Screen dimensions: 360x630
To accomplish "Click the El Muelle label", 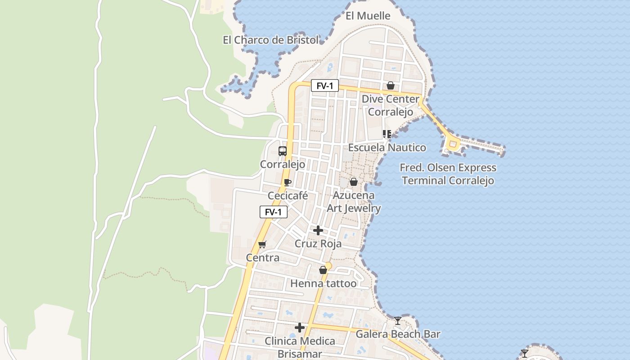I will pyautogui.click(x=368, y=16).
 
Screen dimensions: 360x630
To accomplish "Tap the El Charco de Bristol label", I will pyautogui.click(x=270, y=40).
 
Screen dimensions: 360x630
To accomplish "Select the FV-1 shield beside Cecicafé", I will pyautogui.click(x=273, y=212).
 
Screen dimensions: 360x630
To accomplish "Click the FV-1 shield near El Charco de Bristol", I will pyautogui.click(x=324, y=85).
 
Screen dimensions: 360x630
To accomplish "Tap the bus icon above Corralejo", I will pyautogui.click(x=283, y=151).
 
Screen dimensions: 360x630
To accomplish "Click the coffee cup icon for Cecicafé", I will pyautogui.click(x=288, y=182).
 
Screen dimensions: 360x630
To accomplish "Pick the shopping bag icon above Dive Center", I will pyautogui.click(x=390, y=85).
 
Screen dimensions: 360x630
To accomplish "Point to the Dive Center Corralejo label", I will pyautogui.click(x=390, y=105).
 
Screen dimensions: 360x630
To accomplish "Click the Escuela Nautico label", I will pyautogui.click(x=387, y=147).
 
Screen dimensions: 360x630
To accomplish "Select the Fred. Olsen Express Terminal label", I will pyautogui.click(x=448, y=174).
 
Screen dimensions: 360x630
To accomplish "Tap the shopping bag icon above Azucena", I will pyautogui.click(x=354, y=182).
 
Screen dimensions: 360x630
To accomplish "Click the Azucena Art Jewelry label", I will pyautogui.click(x=354, y=202).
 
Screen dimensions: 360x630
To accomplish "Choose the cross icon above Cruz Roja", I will pyautogui.click(x=318, y=230).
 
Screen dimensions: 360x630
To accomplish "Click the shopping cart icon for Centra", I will pyautogui.click(x=262, y=244).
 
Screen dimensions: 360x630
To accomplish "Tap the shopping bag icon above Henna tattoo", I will pyautogui.click(x=323, y=270).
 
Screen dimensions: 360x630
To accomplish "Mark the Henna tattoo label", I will pyautogui.click(x=323, y=283).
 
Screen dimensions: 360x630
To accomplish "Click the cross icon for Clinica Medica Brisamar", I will pyautogui.click(x=300, y=328).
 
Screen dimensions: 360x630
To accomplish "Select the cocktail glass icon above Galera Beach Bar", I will pyautogui.click(x=398, y=321).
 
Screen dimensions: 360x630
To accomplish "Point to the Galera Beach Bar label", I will pyautogui.click(x=398, y=334).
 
